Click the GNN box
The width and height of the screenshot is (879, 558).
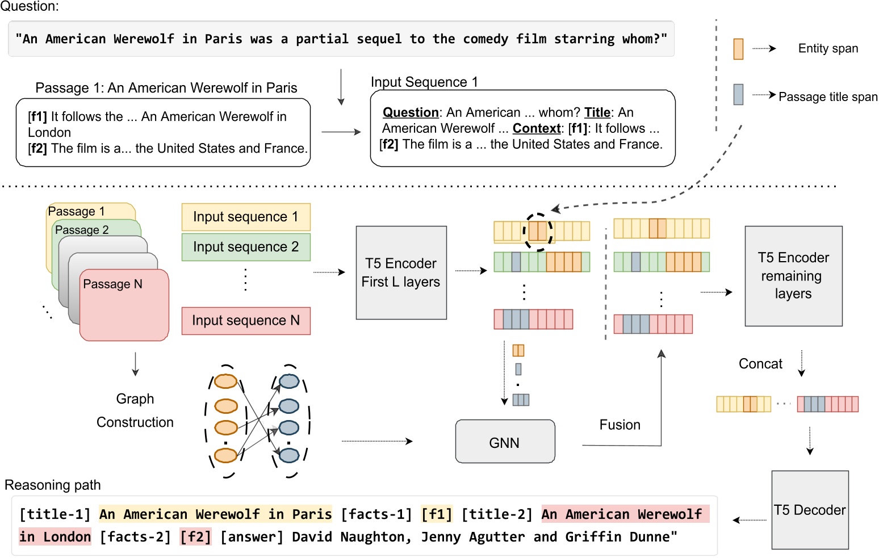[x=505, y=442]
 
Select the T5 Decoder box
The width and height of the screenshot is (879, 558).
[x=810, y=510]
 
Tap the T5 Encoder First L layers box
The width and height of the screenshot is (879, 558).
[x=401, y=272]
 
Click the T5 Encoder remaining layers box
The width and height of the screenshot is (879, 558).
[x=793, y=276]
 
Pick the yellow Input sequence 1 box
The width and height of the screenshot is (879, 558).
[x=246, y=217]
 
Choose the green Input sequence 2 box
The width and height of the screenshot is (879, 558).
[x=246, y=247]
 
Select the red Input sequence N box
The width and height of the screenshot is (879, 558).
[x=246, y=321]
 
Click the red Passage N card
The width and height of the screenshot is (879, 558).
[x=124, y=307]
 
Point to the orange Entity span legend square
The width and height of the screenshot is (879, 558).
[x=738, y=49]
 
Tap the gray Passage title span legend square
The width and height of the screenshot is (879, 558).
[x=738, y=94]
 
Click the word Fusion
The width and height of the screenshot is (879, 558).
[x=620, y=425]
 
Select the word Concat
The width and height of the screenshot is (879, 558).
[x=760, y=364]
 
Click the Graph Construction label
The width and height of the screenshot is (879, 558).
[x=135, y=410]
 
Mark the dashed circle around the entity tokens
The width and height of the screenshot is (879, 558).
[x=538, y=232]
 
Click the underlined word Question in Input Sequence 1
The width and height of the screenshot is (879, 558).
[x=411, y=112]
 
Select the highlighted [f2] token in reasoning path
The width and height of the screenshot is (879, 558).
[x=195, y=537]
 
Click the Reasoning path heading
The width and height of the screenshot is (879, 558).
[x=53, y=485]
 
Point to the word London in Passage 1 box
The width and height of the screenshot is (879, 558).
[x=49, y=133]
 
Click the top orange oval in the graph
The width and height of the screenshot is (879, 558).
[x=225, y=381]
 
